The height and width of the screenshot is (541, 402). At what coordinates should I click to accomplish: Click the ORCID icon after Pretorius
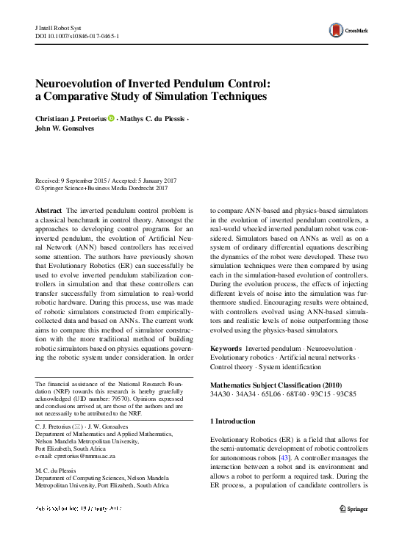(111, 117)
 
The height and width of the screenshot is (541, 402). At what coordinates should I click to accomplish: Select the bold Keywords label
(226, 347)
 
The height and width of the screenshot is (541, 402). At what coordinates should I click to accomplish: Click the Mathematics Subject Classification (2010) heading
(276, 384)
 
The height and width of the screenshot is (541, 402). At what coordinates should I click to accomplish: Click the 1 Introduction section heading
(233, 421)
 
